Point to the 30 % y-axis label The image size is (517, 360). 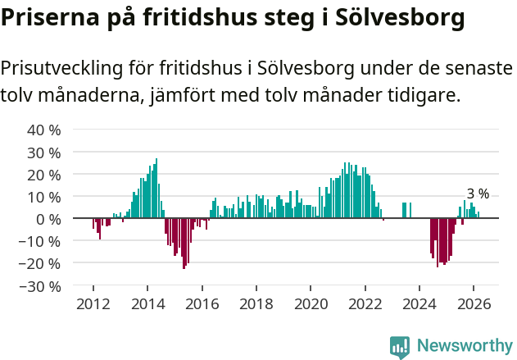(x=43, y=153)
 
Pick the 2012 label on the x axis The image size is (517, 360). (x=93, y=303)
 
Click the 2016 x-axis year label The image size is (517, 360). (x=202, y=303)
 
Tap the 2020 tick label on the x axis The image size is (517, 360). (x=311, y=303)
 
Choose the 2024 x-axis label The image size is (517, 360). (x=419, y=303)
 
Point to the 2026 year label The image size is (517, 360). (x=474, y=303)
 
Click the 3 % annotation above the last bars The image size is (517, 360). (x=478, y=194)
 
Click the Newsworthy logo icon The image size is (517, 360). (x=400, y=347)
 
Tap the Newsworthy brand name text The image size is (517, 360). (x=464, y=347)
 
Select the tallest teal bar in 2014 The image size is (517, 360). (x=156, y=189)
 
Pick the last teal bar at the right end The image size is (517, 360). (x=478, y=216)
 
